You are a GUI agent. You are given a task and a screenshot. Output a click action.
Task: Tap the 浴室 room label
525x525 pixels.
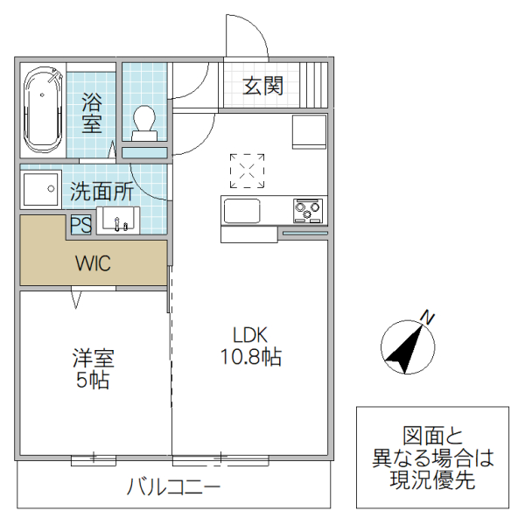(92, 113)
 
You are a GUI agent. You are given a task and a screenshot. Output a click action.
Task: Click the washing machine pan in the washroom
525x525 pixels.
(40, 189)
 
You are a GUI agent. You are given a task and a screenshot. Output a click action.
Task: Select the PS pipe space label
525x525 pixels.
(80, 225)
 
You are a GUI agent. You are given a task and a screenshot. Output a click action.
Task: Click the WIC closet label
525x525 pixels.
(93, 263)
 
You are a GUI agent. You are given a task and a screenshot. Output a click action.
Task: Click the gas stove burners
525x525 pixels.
(307, 210)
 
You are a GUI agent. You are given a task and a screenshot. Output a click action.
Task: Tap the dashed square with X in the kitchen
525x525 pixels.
(248, 171)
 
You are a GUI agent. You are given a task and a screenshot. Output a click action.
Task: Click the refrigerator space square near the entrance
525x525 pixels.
(309, 132)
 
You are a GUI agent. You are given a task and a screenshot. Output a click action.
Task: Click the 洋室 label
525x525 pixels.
(93, 358)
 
